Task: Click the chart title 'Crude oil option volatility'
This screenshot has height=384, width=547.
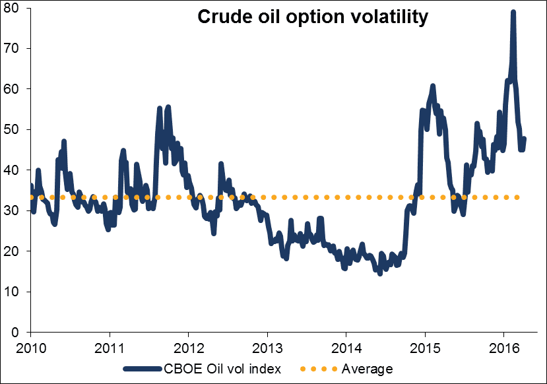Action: coord(313,17)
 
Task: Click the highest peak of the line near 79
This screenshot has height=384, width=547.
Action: coord(513,12)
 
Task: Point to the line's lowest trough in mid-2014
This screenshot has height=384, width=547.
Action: coord(379,272)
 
